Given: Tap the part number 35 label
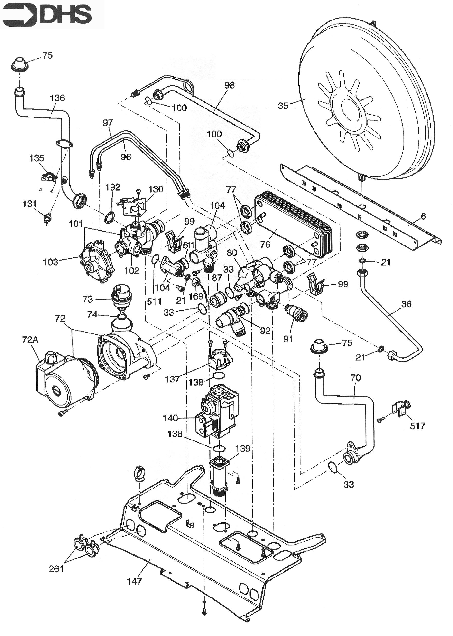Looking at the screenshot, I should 283,106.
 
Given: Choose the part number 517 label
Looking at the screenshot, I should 417,426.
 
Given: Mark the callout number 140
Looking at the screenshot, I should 170,418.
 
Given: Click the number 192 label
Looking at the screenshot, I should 113,187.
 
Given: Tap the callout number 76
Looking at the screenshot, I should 265,245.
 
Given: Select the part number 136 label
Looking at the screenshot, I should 57,98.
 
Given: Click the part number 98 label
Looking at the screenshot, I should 229,85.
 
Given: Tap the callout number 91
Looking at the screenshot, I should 288,339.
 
